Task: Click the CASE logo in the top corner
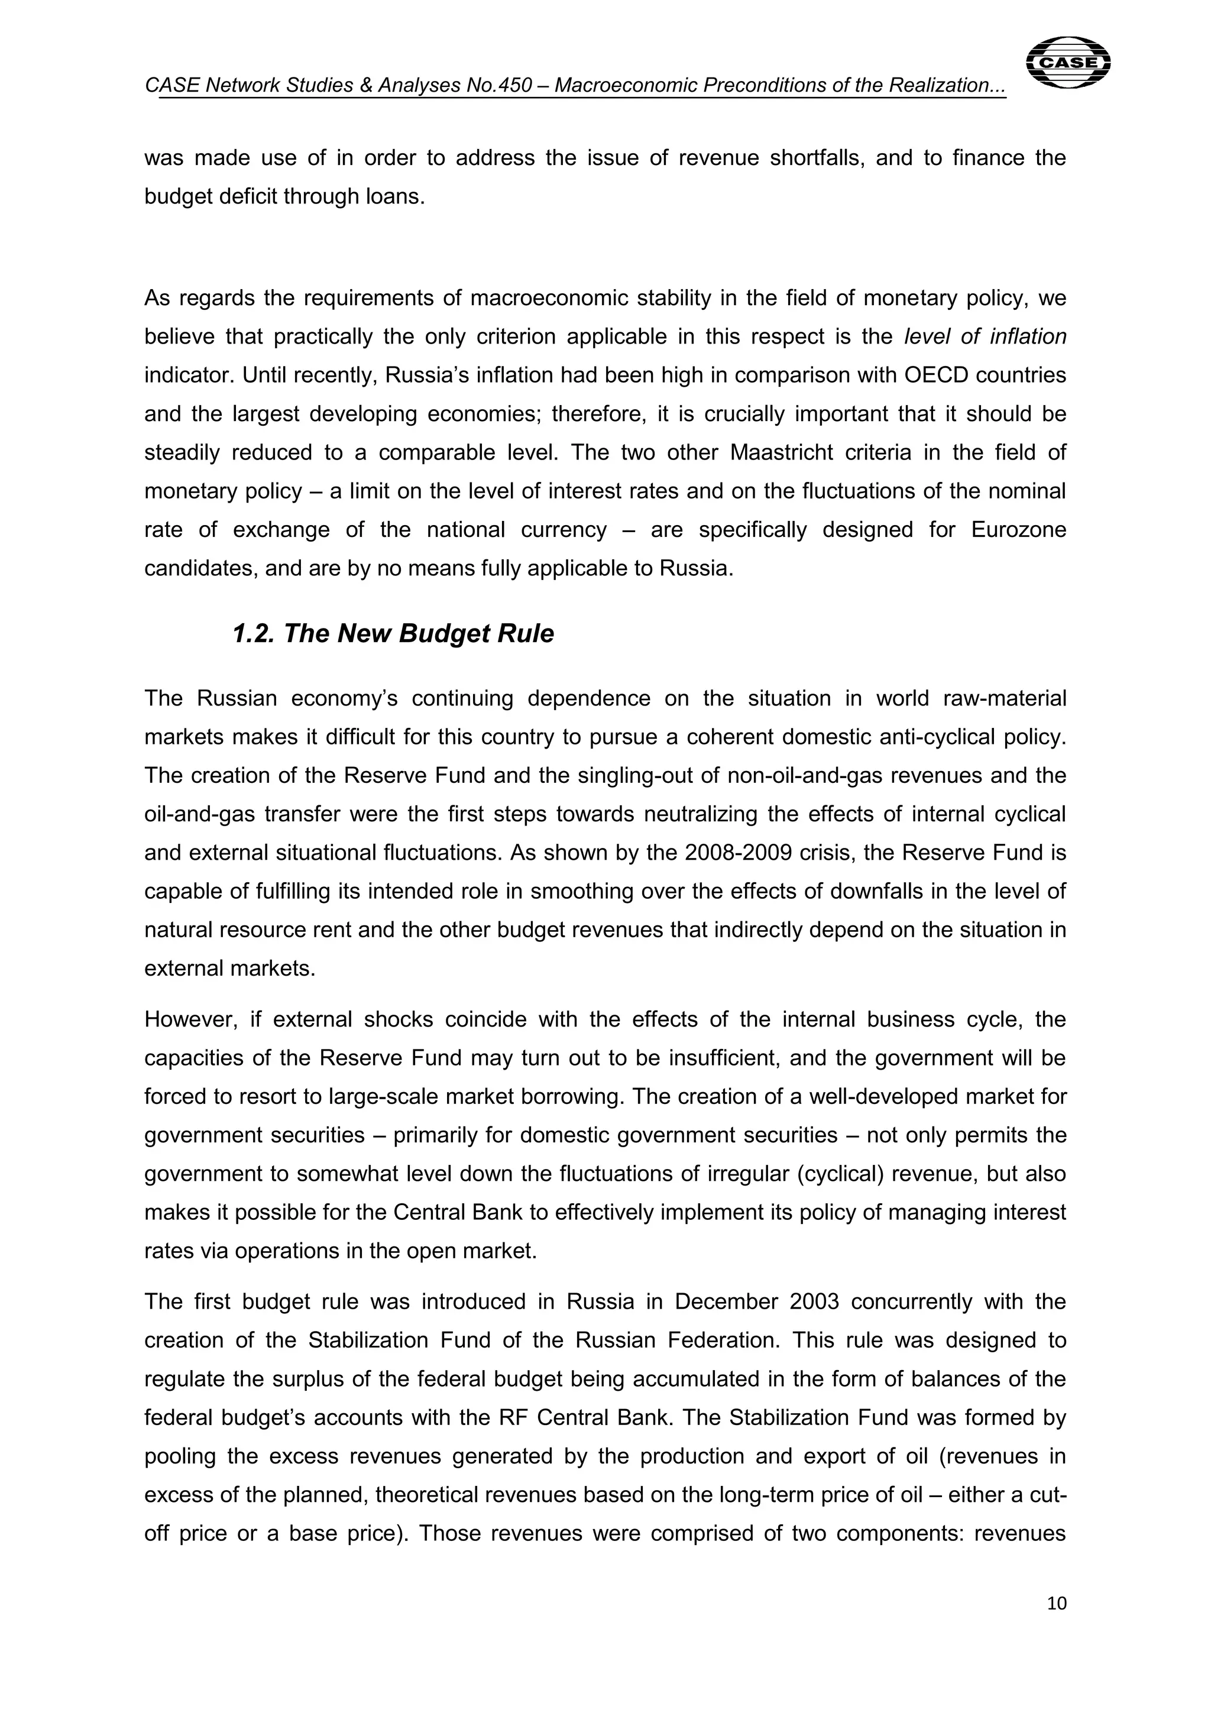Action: tap(1068, 63)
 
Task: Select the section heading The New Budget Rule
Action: tap(393, 633)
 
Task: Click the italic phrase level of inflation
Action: tap(985, 336)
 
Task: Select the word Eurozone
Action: tap(1018, 530)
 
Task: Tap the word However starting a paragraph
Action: tap(190, 1019)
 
